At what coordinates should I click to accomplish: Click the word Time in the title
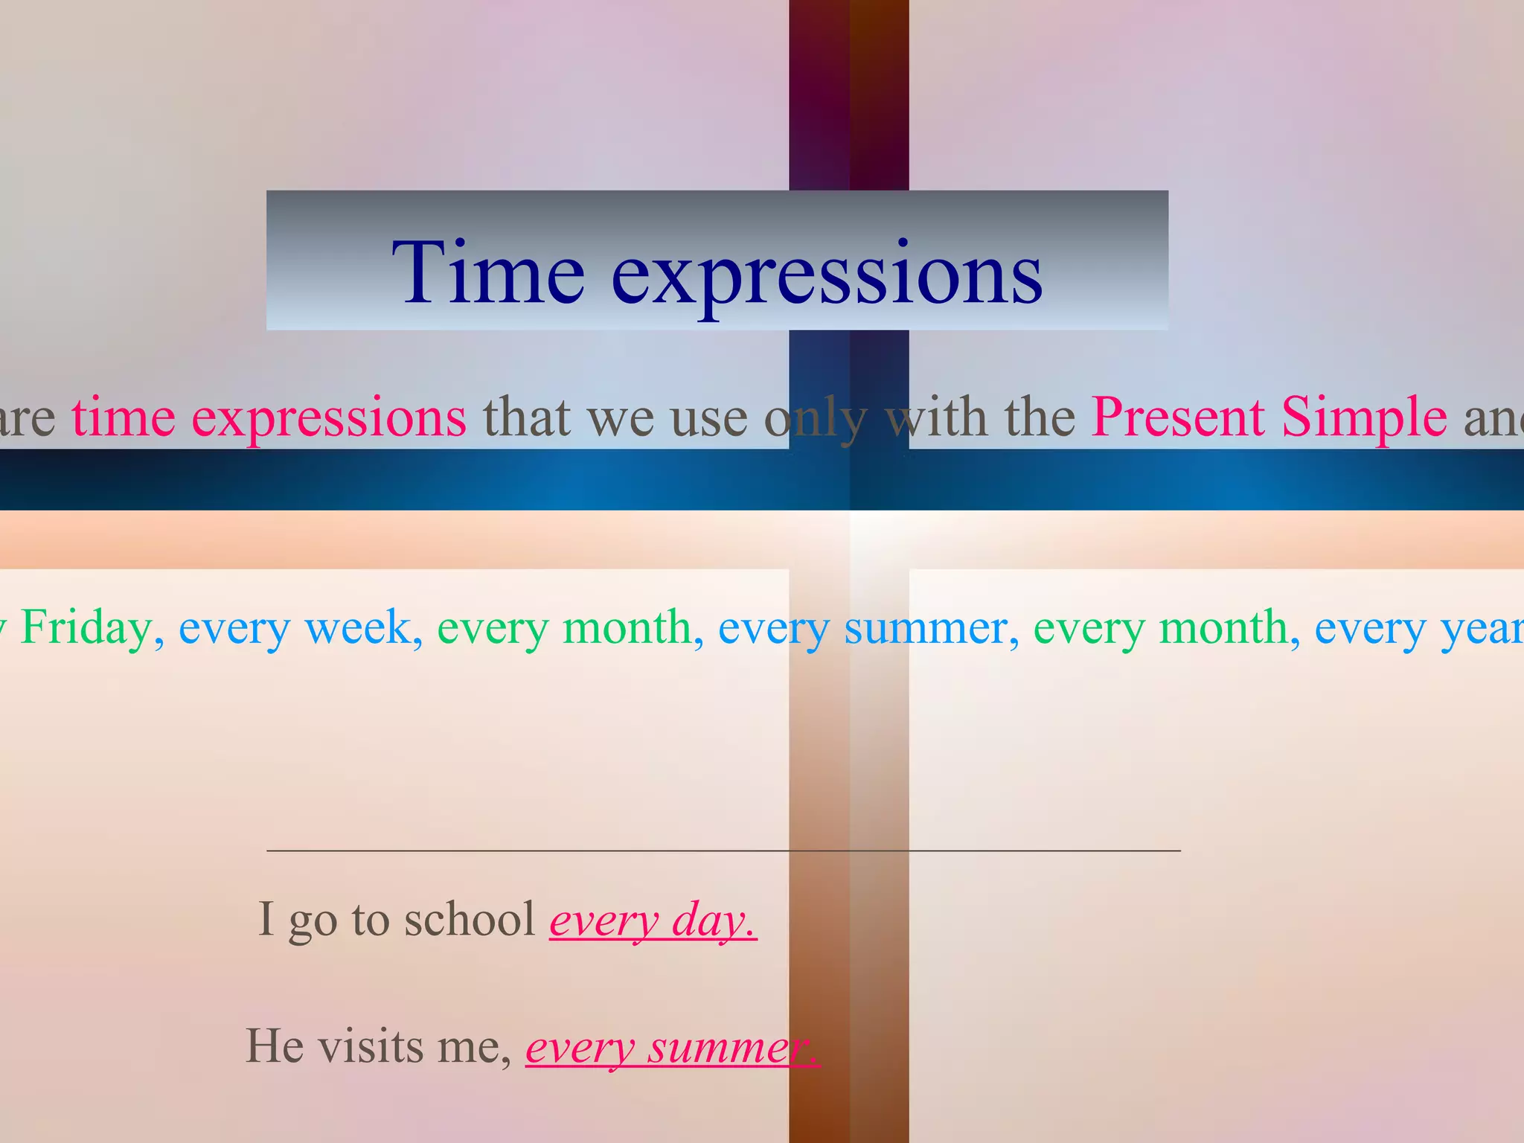(x=487, y=273)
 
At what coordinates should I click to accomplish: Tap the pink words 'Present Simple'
(x=1269, y=417)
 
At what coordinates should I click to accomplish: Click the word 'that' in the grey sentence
(x=527, y=417)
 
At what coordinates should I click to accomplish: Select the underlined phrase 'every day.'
(x=653, y=921)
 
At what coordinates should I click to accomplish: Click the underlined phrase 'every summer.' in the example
(x=673, y=1048)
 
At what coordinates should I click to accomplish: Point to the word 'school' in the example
(x=470, y=920)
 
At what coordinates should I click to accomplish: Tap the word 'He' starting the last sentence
(x=275, y=1047)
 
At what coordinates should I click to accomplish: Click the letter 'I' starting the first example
(x=266, y=920)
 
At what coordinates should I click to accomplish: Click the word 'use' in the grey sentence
(x=708, y=418)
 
